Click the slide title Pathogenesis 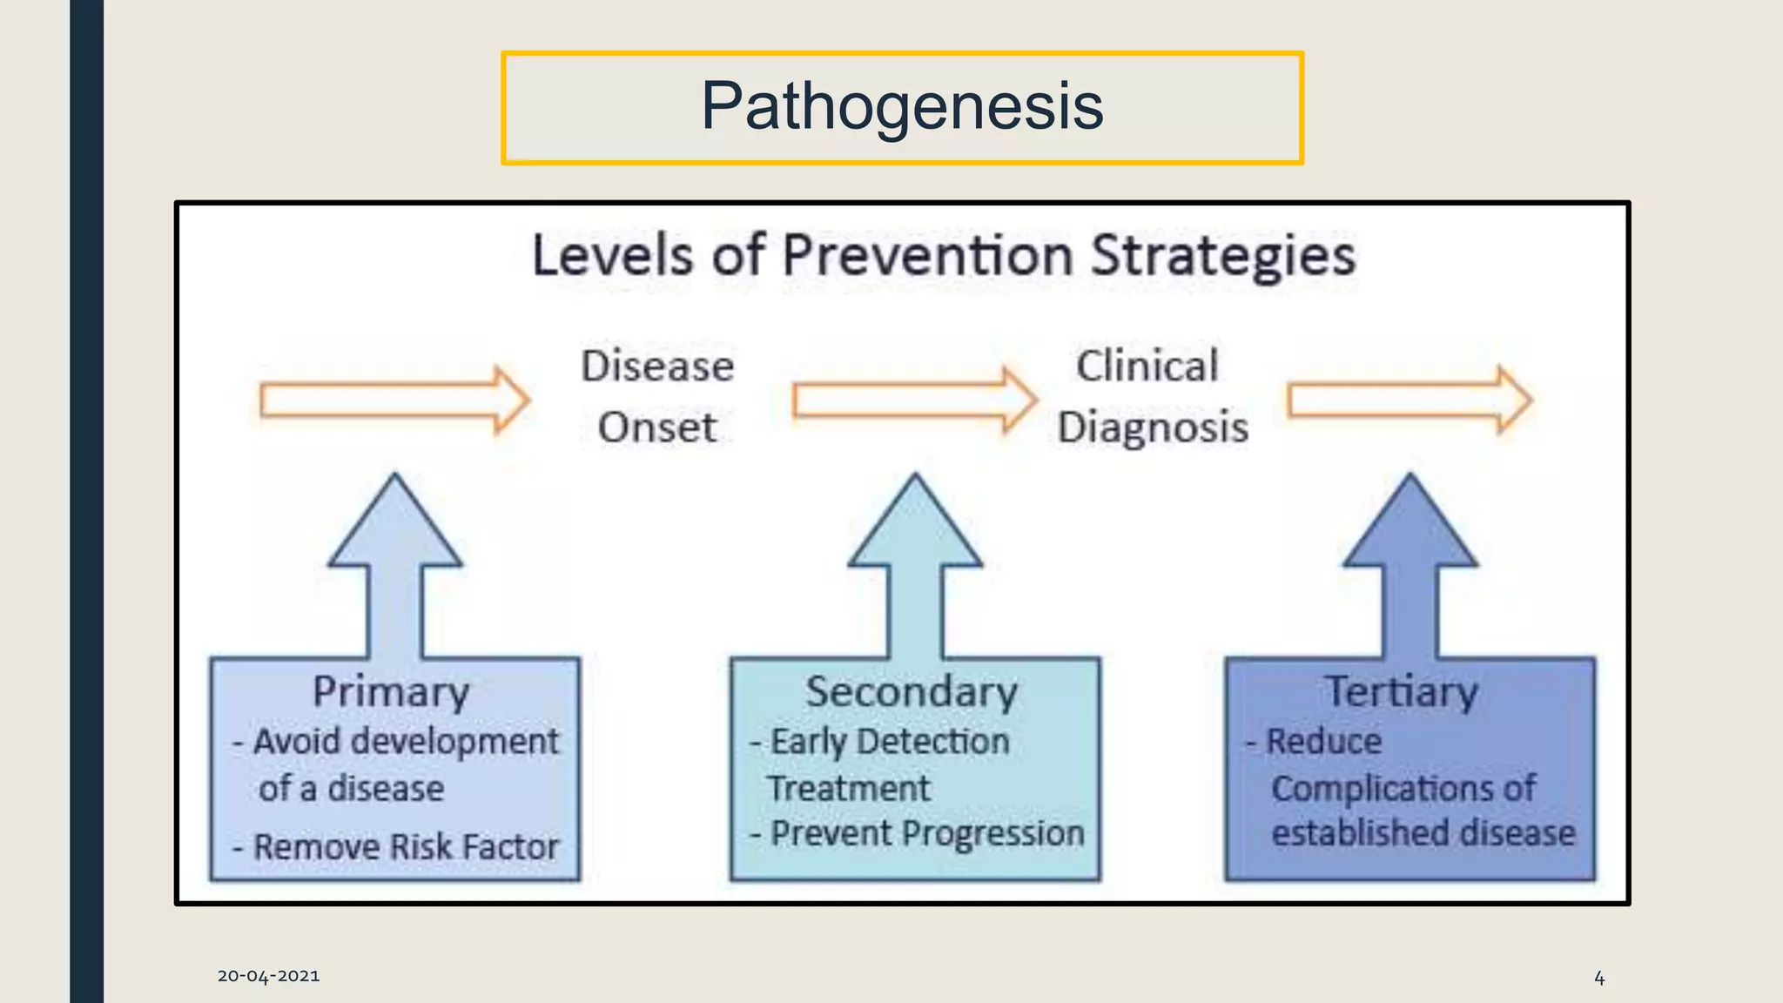pyautogui.click(x=902, y=106)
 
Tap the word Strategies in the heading pyautogui.click(x=1223, y=256)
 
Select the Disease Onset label pyautogui.click(x=657, y=396)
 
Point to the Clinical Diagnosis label pyautogui.click(x=1151, y=396)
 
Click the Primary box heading pyautogui.click(x=391, y=692)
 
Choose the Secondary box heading pyautogui.click(x=911, y=692)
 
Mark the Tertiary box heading pyautogui.click(x=1401, y=692)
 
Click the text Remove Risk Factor pyautogui.click(x=405, y=847)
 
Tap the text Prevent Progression pyautogui.click(x=926, y=833)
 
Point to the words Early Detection pyautogui.click(x=889, y=742)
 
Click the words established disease pyautogui.click(x=1423, y=833)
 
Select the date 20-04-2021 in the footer pyautogui.click(x=268, y=976)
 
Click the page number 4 pyautogui.click(x=1598, y=978)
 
